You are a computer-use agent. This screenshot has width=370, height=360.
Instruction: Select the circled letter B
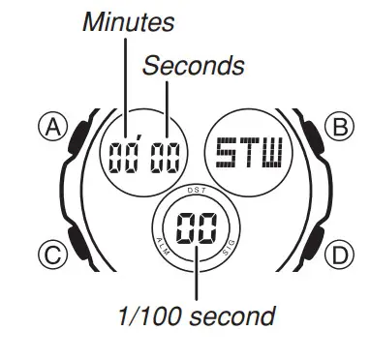pos(338,128)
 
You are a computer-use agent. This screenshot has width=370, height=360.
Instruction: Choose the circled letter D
pos(338,255)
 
